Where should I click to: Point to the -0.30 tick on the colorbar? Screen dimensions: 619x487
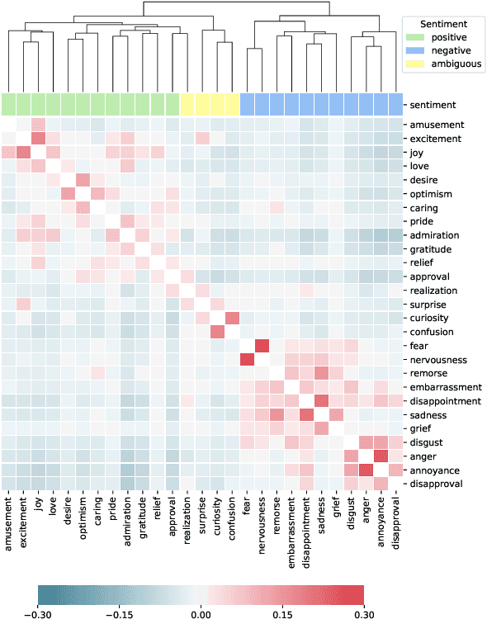pos(38,613)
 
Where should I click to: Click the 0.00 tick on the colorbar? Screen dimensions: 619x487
pos(201,613)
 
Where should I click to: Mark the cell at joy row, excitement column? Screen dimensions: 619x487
pos(24,152)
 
